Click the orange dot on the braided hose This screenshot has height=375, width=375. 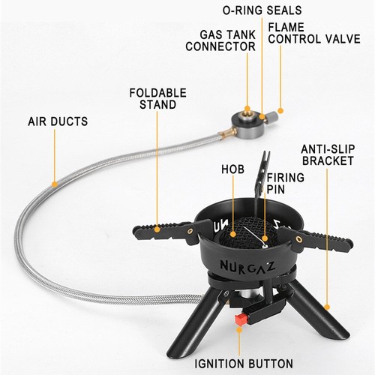(x=54, y=181)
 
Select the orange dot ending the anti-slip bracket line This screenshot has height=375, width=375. (x=328, y=307)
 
